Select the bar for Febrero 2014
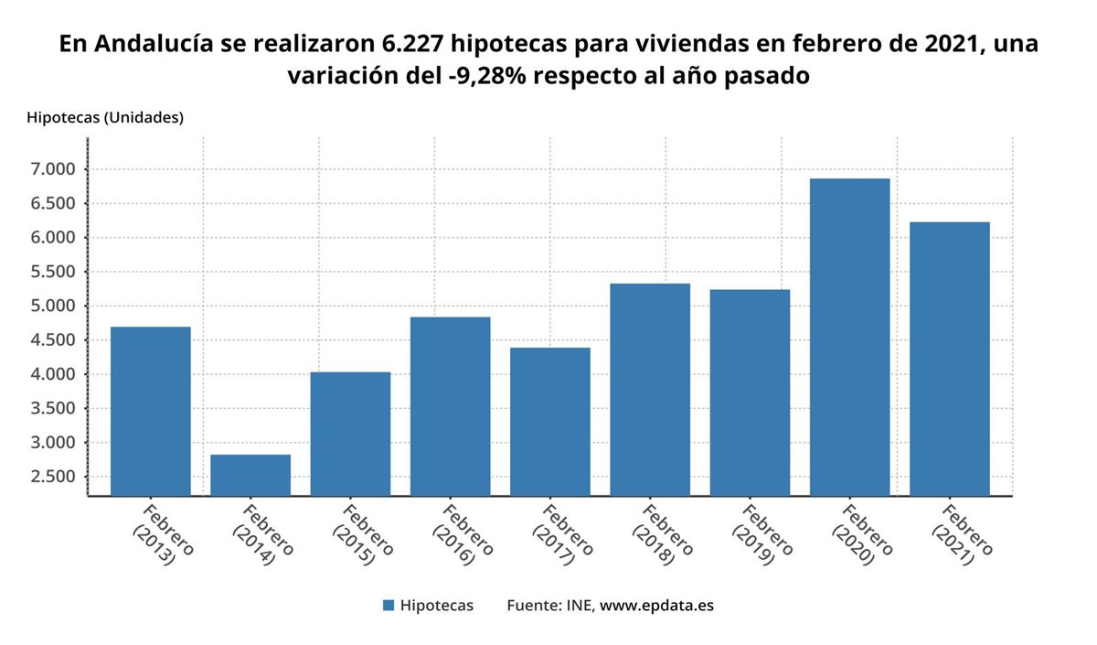pyautogui.click(x=250, y=475)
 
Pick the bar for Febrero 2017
pyautogui.click(x=549, y=422)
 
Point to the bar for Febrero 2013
pyautogui.click(x=151, y=411)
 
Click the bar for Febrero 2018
pyautogui.click(x=650, y=390)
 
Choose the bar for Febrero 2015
pyautogui.click(x=350, y=434)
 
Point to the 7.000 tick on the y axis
pyautogui.click(x=51, y=169)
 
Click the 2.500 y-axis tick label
pyautogui.click(x=51, y=477)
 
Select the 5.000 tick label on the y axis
pyautogui.click(x=51, y=306)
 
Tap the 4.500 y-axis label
pyautogui.click(x=51, y=340)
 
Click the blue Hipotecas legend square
pyautogui.click(x=389, y=606)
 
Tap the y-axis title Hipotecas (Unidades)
pyautogui.click(x=105, y=118)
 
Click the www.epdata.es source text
pyautogui.click(x=656, y=606)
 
